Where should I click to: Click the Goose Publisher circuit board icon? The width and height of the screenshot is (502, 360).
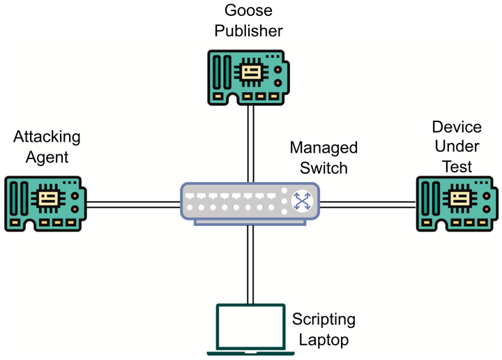pyautogui.click(x=249, y=77)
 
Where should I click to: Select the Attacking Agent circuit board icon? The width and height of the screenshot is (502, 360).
pyautogui.click(x=46, y=202)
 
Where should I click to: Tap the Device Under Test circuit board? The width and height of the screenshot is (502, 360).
pyautogui.click(x=457, y=202)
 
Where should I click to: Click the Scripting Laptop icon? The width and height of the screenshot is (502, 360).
pyautogui.click(x=250, y=328)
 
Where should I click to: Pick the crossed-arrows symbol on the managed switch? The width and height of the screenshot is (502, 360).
pyautogui.click(x=301, y=202)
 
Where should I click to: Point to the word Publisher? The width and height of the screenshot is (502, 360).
pyautogui.click(x=249, y=31)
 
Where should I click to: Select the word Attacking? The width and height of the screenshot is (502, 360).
pyautogui.click(x=47, y=137)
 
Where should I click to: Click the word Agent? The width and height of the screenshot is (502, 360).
pyautogui.click(x=47, y=157)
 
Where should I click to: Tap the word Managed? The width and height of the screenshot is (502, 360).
pyautogui.click(x=324, y=148)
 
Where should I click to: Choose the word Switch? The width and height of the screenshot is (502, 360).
pyautogui.click(x=324, y=167)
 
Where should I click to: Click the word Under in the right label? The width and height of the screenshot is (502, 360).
pyautogui.click(x=457, y=147)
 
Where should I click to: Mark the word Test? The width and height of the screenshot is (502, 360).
pyautogui.click(x=457, y=167)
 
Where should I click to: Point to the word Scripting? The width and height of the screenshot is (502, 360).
pyautogui.click(x=324, y=320)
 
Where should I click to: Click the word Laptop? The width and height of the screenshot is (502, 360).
pyautogui.click(x=324, y=340)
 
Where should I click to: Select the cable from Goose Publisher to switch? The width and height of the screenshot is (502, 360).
pyautogui.click(x=250, y=143)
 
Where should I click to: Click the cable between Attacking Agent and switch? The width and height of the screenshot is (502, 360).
pyautogui.click(x=132, y=204)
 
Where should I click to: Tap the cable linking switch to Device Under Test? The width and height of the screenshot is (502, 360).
pyautogui.click(x=367, y=204)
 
